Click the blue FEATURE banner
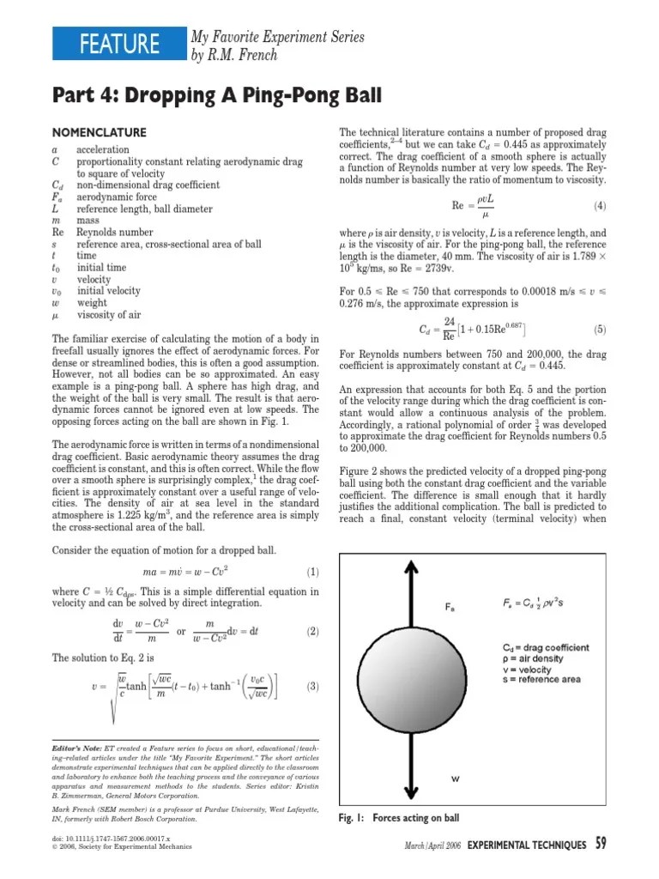(x=118, y=44)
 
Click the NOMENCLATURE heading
(x=100, y=132)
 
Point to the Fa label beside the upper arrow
(x=450, y=607)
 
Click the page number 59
(x=601, y=845)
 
